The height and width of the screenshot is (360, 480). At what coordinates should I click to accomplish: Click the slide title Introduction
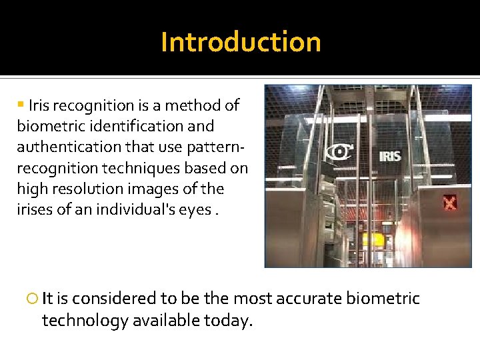(x=241, y=42)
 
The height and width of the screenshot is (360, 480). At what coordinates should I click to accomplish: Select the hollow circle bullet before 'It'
(x=33, y=299)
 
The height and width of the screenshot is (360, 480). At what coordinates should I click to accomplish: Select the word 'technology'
(x=85, y=321)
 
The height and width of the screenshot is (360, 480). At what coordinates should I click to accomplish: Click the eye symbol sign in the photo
(x=339, y=153)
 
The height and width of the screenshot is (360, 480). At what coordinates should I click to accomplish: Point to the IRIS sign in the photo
(x=390, y=156)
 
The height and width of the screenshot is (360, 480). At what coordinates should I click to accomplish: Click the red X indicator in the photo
(x=451, y=202)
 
